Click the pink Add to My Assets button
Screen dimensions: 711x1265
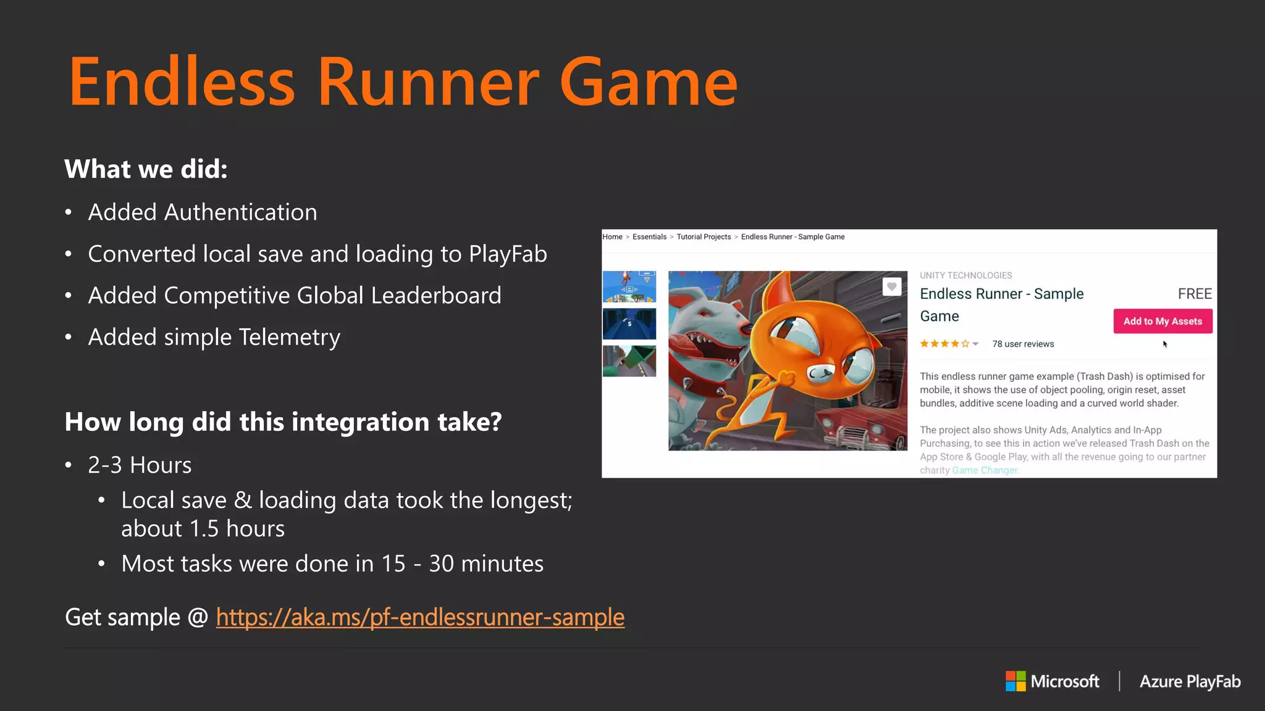(x=1162, y=321)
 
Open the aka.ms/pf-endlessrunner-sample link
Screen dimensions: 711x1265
(x=420, y=617)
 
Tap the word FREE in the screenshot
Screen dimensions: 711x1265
(x=1194, y=294)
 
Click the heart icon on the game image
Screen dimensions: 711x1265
(x=891, y=286)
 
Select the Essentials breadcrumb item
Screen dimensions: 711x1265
(x=649, y=237)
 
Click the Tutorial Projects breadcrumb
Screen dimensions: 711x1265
(x=704, y=237)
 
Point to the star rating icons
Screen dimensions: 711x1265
(x=944, y=344)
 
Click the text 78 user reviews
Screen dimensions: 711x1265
(x=1023, y=344)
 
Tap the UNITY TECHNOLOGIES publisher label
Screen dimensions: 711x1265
(x=965, y=275)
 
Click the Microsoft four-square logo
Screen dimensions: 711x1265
(x=1015, y=681)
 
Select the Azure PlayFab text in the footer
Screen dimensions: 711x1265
(x=1190, y=681)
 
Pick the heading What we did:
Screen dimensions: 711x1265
(x=146, y=169)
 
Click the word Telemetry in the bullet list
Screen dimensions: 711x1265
(x=289, y=338)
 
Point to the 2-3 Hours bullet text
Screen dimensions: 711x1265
(x=140, y=465)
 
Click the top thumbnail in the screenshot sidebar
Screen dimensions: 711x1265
(x=629, y=286)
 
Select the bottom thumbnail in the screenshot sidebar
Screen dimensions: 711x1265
(x=629, y=361)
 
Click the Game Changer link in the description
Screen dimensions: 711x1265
(x=985, y=470)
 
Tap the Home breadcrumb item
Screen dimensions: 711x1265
(x=612, y=237)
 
